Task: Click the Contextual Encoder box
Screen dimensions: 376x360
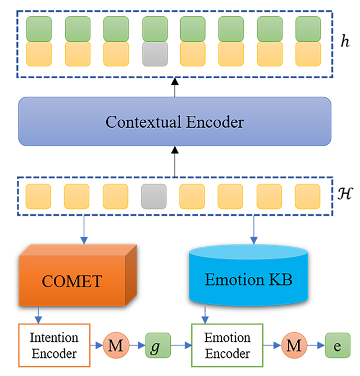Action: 174,121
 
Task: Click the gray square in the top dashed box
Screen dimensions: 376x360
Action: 155,54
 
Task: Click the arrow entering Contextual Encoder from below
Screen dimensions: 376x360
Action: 174,160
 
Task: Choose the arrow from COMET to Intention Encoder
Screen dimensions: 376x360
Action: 38,315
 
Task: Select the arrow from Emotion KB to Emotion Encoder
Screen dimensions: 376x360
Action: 203,315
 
